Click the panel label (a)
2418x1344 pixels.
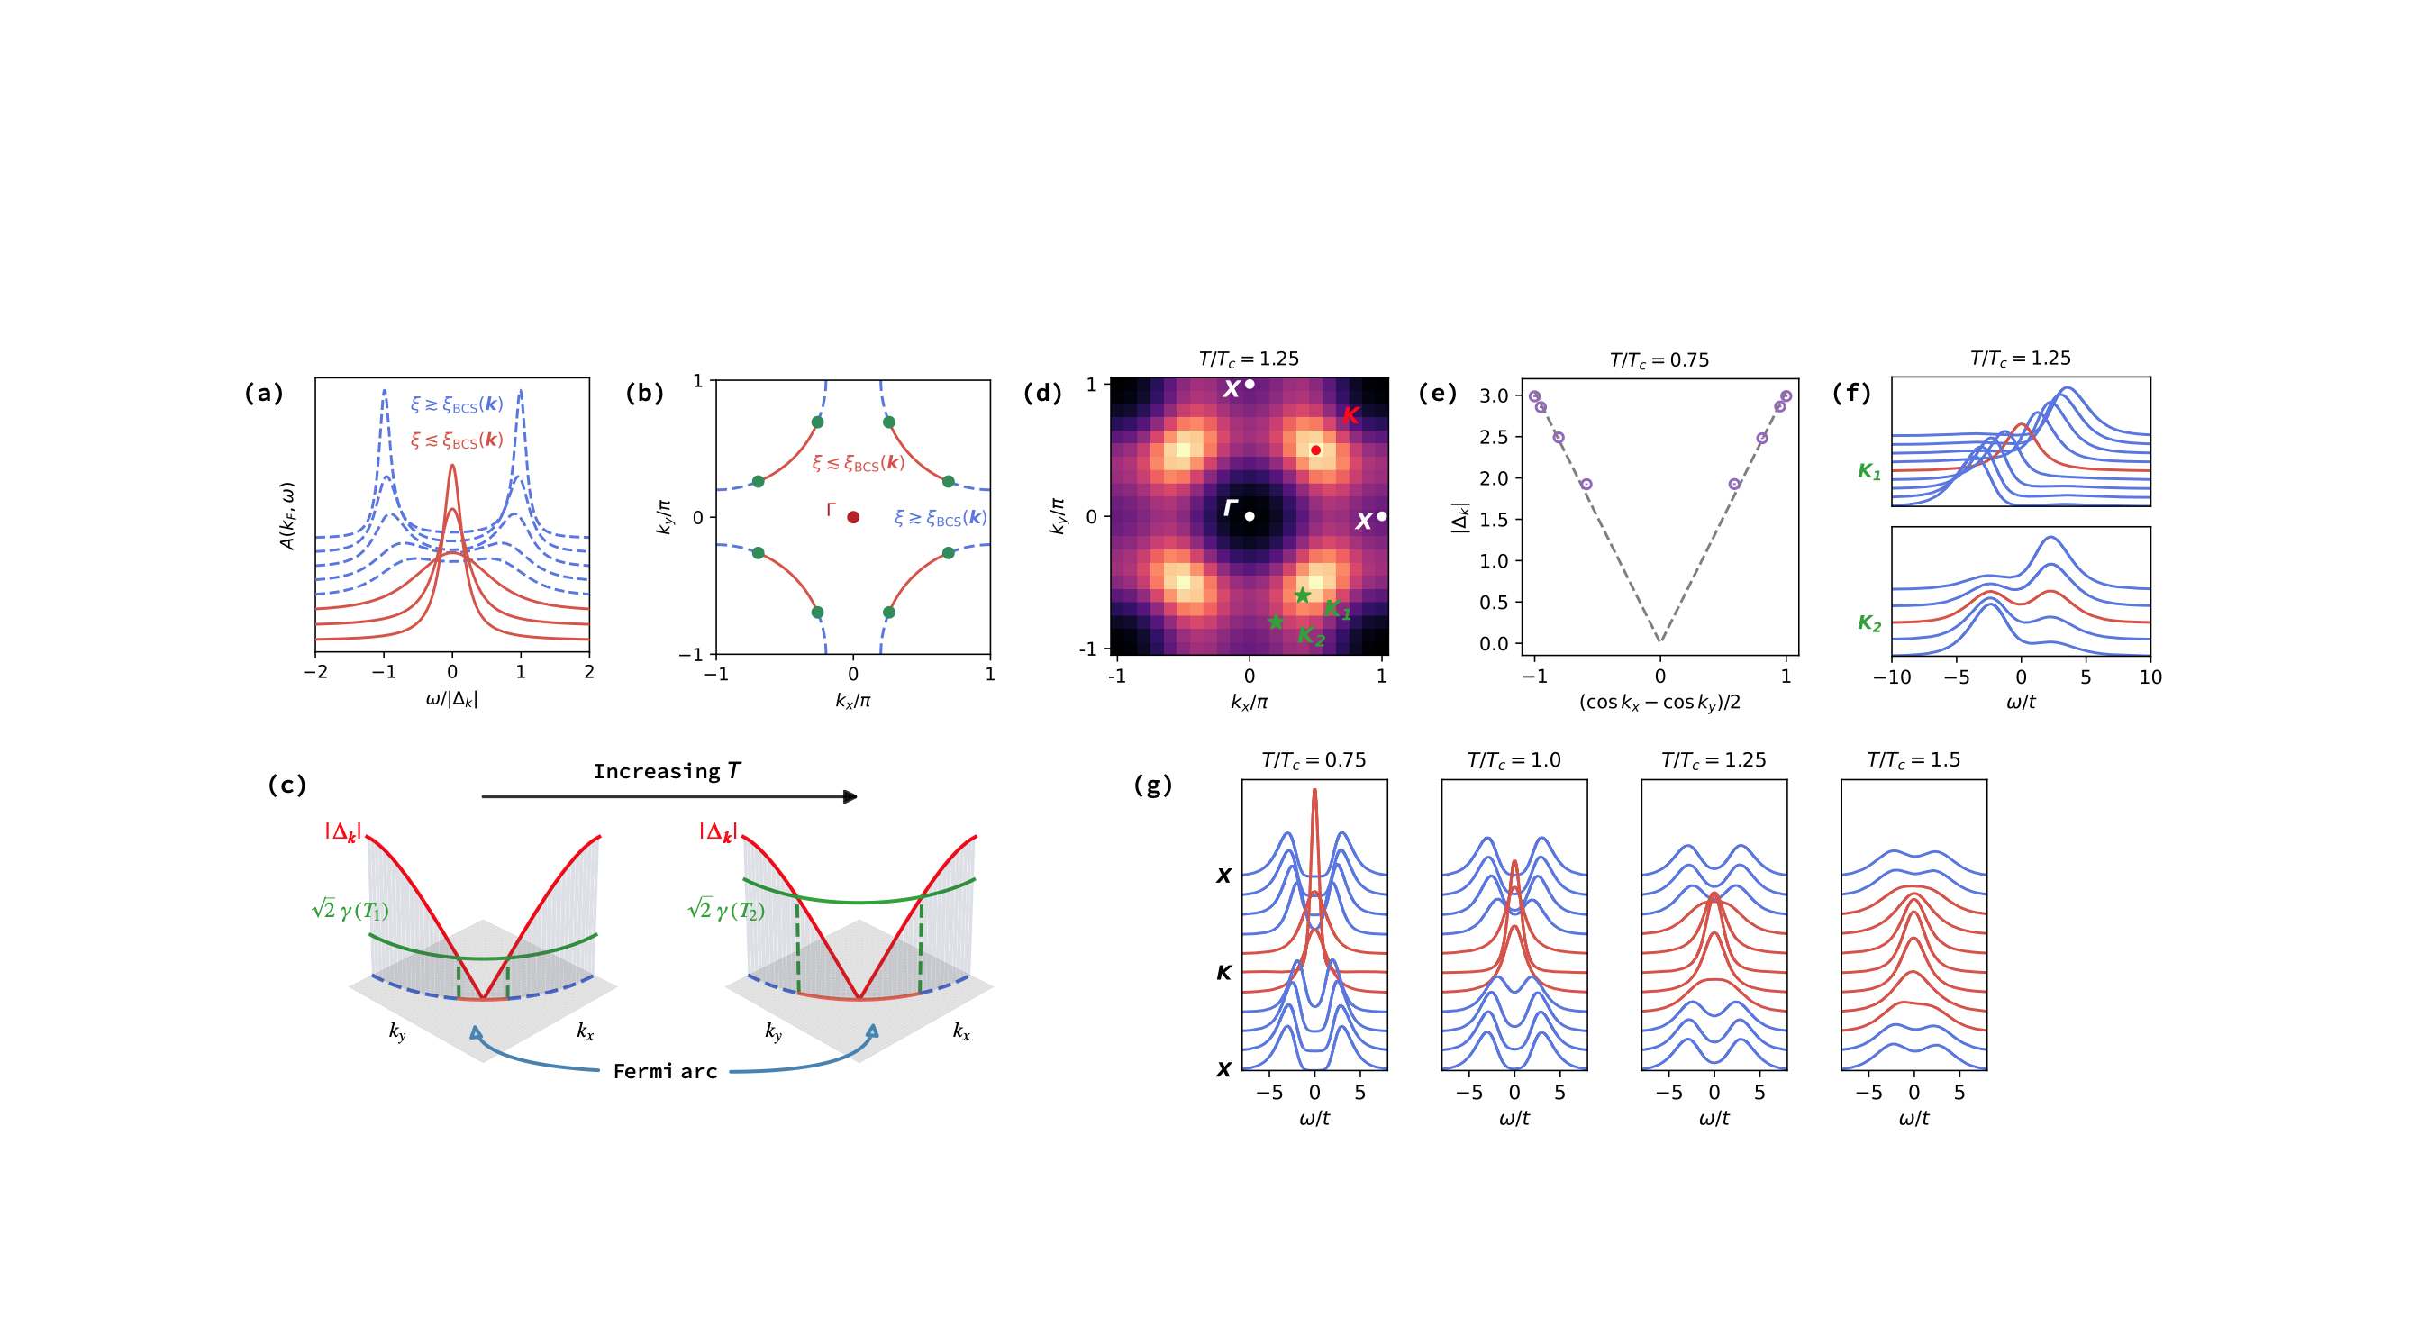263,393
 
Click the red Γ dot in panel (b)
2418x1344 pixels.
852,517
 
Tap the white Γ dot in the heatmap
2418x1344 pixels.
1250,516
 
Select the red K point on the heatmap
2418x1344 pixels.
1316,450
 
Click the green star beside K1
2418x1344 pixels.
1302,595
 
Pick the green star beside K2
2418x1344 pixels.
1276,622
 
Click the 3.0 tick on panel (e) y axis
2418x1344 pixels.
1494,396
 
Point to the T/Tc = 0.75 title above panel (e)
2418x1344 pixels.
1659,360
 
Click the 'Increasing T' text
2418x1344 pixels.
667,771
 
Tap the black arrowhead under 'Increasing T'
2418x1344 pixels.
850,797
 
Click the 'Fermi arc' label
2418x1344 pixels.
665,1072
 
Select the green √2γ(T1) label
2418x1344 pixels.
350,910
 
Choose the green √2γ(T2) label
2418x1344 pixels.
725,910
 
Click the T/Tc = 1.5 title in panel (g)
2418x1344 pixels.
1913,760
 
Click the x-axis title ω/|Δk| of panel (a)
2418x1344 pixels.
451,699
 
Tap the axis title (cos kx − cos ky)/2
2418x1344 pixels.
1659,702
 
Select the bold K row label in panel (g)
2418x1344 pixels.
1223,973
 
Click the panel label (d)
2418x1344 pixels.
1042,393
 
